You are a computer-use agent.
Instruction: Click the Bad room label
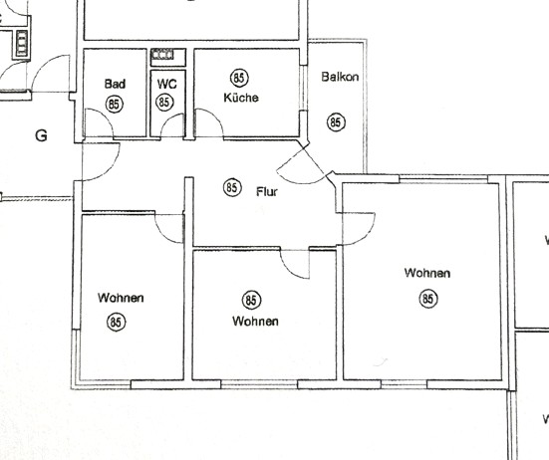(x=114, y=85)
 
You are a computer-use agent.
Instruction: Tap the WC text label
(x=165, y=85)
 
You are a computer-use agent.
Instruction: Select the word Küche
(x=242, y=98)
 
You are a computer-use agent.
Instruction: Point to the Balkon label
(x=340, y=77)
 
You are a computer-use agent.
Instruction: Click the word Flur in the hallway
(x=267, y=191)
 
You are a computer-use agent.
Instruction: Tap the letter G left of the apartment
(x=41, y=136)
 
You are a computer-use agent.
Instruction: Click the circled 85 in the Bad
(x=114, y=103)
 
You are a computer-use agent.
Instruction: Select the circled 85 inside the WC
(x=165, y=102)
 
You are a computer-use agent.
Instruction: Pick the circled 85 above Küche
(x=238, y=78)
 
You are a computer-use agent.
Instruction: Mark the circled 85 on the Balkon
(x=336, y=121)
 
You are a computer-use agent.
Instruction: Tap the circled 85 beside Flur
(x=232, y=186)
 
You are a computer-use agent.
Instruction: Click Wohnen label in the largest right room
(x=427, y=273)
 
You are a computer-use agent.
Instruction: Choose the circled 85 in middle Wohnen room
(x=251, y=300)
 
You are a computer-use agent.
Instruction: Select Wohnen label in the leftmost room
(x=121, y=298)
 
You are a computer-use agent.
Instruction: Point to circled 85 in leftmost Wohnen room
(x=117, y=321)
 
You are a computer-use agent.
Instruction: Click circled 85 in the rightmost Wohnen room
(x=428, y=298)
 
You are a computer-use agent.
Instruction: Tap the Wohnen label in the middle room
(x=255, y=321)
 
